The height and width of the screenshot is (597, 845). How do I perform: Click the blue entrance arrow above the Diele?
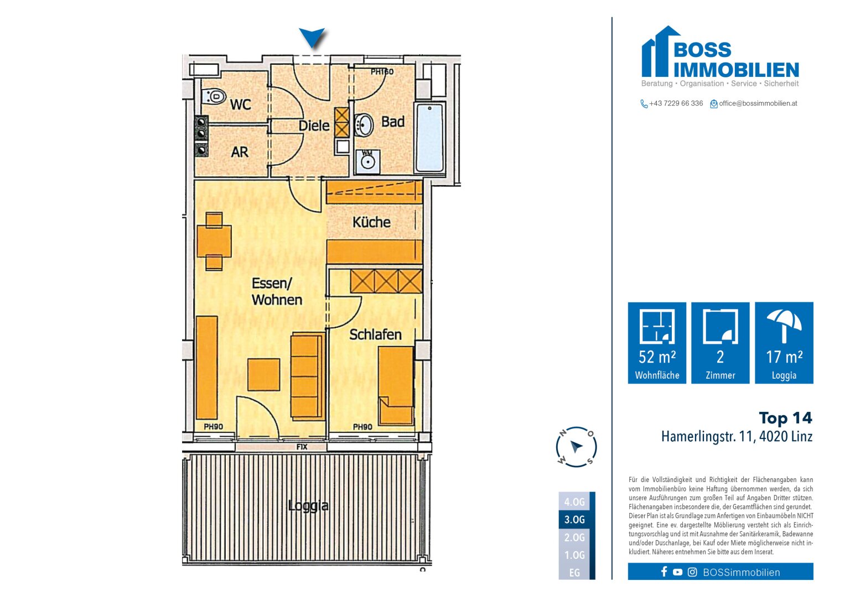coord(312,38)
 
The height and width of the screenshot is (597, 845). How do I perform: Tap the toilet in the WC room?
coord(214,97)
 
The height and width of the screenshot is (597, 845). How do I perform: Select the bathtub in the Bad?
coord(430,137)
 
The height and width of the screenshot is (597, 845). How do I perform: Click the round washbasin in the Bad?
coord(364,125)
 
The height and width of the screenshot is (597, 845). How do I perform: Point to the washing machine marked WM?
coord(367,160)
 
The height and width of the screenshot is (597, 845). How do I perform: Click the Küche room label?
coord(371,222)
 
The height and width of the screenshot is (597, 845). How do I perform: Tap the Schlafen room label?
coord(375,334)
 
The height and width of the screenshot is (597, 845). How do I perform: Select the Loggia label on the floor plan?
coord(308,505)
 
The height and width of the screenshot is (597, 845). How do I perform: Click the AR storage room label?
coord(240,152)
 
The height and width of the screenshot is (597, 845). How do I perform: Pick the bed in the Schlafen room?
coord(396,384)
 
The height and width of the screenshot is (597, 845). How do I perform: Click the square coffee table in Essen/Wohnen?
coord(263,374)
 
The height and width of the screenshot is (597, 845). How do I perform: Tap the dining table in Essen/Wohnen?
coord(214,241)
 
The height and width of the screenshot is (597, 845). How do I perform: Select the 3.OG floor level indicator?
coord(575,520)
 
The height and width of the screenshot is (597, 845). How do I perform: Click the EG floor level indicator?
coord(575,573)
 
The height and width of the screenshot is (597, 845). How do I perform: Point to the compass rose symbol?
coord(576,447)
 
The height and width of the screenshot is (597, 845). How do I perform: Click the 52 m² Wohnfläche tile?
coord(657,343)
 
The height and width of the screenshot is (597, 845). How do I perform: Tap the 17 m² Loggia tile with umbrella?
coord(784,343)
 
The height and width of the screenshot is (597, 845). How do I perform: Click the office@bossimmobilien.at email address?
coord(758,103)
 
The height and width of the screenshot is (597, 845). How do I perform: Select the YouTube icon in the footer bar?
coord(677,572)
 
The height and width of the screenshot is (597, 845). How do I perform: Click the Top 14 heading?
coord(785,418)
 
